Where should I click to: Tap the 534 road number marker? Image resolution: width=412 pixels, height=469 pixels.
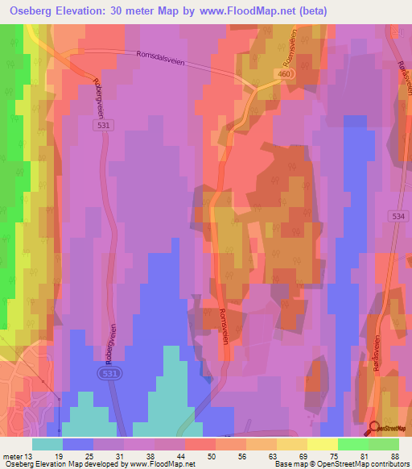pos(398,216)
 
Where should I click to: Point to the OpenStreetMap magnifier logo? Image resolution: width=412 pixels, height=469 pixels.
pos(375,429)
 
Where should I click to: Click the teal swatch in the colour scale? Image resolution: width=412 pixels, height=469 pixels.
pos(47,444)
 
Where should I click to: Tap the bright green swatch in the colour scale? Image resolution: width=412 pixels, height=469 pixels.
pos(352,444)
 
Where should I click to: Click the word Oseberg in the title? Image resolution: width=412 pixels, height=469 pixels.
pos(29,10)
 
